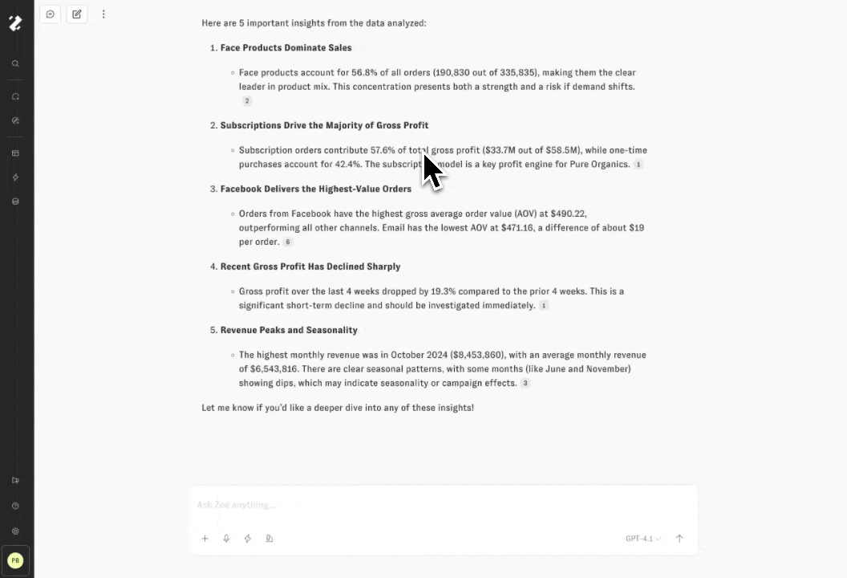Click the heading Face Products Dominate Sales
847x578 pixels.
(286, 48)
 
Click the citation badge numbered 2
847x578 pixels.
(247, 101)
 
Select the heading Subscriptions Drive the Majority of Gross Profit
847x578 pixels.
(324, 125)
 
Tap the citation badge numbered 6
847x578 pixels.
(288, 242)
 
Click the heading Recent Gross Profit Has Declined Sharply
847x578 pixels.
(310, 267)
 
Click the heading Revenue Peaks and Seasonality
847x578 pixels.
(289, 330)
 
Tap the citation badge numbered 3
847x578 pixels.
(525, 384)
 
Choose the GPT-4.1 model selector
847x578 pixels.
(642, 539)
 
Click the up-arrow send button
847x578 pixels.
(679, 539)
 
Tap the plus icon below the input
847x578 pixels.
(205, 539)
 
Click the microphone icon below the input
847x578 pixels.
(226, 539)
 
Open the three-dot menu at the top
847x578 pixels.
(103, 14)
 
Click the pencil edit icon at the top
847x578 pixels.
(77, 14)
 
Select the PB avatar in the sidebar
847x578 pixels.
(15, 560)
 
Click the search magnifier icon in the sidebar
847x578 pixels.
(15, 63)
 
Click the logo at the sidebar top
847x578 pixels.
(15, 23)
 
